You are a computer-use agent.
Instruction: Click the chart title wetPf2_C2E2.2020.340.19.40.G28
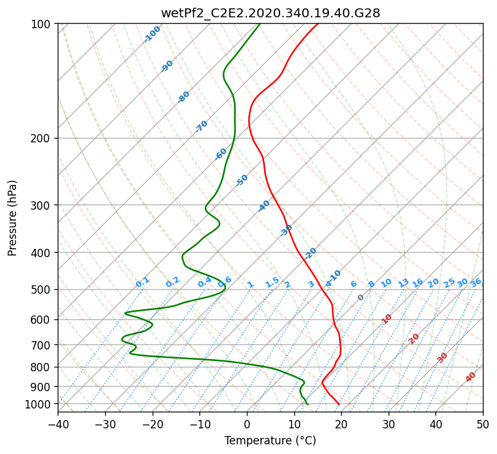(271, 13)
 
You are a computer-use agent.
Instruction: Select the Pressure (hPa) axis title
(12, 218)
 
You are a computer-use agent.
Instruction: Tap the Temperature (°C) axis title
(271, 441)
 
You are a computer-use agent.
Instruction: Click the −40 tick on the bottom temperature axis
(58, 424)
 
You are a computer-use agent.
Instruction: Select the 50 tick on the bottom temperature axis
(483, 424)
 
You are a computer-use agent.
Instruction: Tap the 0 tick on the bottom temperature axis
(247, 424)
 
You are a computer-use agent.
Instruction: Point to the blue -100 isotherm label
(152, 34)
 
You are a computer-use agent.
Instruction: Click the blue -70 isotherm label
(201, 126)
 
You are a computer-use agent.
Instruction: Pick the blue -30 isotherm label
(286, 230)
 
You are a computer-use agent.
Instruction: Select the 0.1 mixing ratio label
(142, 282)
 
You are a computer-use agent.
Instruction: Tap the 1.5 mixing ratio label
(273, 282)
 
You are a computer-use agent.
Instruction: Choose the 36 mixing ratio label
(476, 283)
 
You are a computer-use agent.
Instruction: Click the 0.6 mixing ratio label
(224, 282)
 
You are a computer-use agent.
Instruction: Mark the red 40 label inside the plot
(471, 377)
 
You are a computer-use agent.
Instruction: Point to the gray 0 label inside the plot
(360, 298)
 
